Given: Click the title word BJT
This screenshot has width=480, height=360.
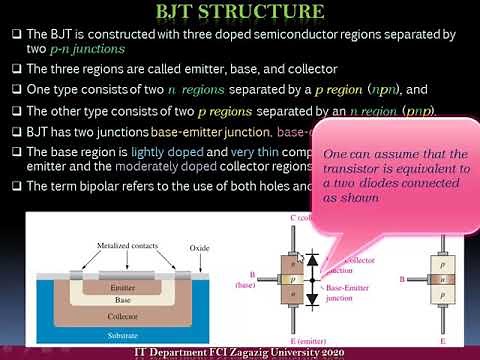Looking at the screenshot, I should point(185,13).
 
